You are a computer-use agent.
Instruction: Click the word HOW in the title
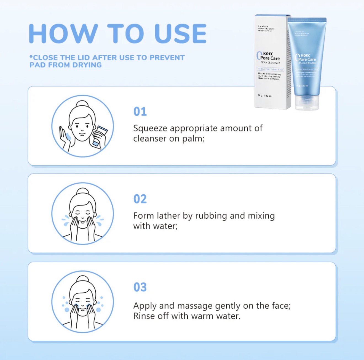pos(63,34)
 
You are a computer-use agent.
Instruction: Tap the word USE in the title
pos(181,34)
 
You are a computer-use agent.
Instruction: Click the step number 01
pos(140,112)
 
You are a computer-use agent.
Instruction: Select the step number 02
pos(140,199)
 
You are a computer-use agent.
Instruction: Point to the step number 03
pos(140,287)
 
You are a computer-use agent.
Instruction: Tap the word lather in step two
pos(168,216)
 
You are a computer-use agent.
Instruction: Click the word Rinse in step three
pos(144,316)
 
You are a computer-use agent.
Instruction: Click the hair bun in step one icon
pos(82,104)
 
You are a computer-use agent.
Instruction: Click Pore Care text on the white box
pos(270,58)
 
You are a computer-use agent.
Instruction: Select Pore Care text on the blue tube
pos(307,59)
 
